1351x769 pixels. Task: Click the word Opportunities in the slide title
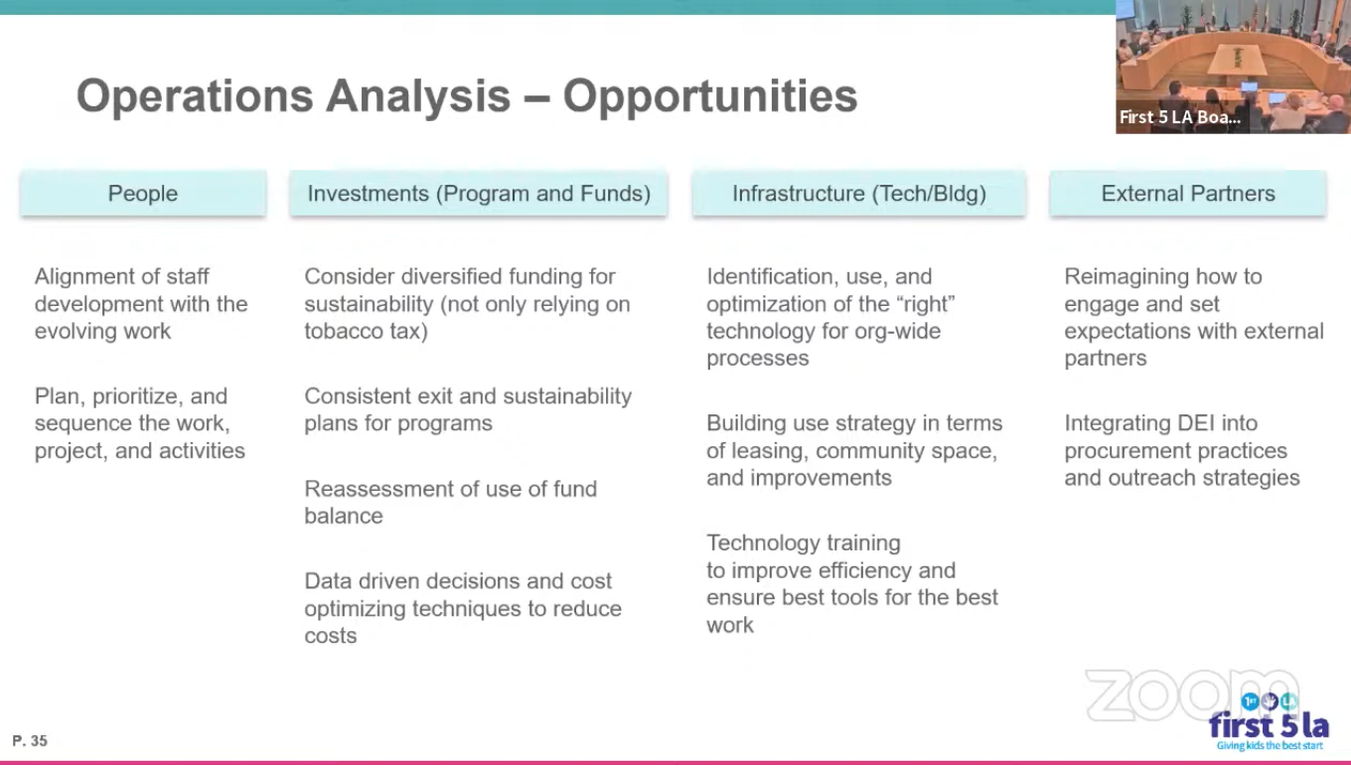coord(710,96)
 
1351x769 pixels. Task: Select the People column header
coord(143,193)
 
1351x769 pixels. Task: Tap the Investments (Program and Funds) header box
coord(478,193)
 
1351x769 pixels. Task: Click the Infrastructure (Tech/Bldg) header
coord(859,193)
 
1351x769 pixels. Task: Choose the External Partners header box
coord(1187,193)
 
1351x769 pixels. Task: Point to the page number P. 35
coord(30,740)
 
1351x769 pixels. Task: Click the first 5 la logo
coord(1269,722)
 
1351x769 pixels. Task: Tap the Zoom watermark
coord(1191,694)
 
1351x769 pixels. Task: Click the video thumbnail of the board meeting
coord(1233,67)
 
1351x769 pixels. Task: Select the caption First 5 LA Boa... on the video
coord(1180,117)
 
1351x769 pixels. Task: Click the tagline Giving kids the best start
coord(1270,745)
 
